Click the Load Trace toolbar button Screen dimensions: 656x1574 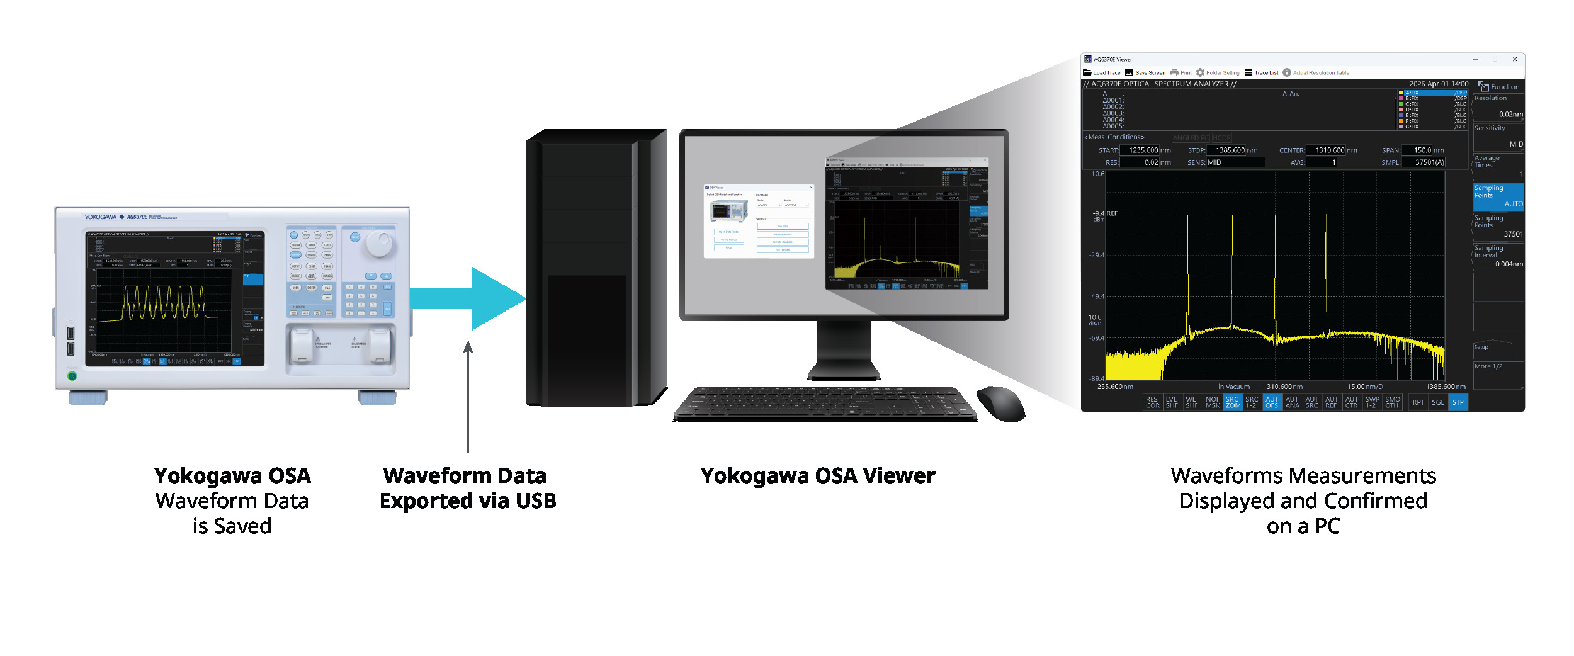click(1101, 72)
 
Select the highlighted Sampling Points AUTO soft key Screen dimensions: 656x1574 click(1498, 196)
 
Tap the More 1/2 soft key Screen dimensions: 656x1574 click(1498, 366)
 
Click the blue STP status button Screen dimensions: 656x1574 click(1458, 402)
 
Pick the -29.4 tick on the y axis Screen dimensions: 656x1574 click(1097, 255)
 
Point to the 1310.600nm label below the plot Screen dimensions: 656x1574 click(1282, 387)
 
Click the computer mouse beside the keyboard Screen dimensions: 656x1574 click(1001, 403)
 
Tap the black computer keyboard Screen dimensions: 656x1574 click(825, 403)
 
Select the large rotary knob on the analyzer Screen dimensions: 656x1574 click(379, 243)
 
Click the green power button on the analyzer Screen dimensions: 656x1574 click(72, 376)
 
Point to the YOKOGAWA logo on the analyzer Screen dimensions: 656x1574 click(101, 217)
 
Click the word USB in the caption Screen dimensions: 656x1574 click(536, 501)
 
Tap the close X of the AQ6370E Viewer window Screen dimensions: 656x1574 click(1515, 59)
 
